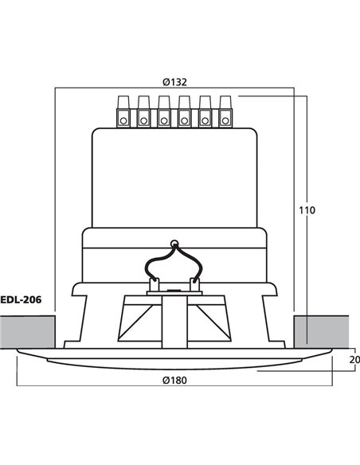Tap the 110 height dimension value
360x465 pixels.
307,210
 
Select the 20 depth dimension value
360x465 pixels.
354,359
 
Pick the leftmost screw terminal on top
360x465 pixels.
124,111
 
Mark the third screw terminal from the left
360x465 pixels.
164,111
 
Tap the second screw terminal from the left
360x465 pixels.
144,111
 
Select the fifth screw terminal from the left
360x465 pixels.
205,111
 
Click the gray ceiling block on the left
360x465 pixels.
28,331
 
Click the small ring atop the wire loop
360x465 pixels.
173,241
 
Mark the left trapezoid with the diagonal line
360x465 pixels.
134,322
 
